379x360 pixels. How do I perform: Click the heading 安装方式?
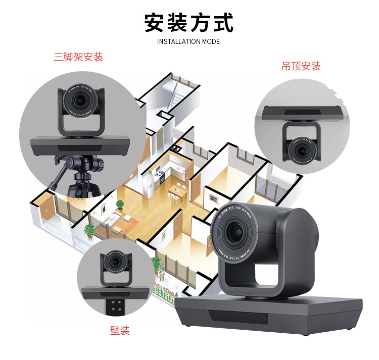(x=189, y=23)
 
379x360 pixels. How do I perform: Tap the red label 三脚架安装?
(x=78, y=57)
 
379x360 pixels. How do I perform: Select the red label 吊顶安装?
(x=301, y=66)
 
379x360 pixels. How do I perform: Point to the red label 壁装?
(x=120, y=331)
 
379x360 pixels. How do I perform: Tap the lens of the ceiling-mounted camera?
(x=303, y=150)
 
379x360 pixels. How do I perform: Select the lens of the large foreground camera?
(x=238, y=232)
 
